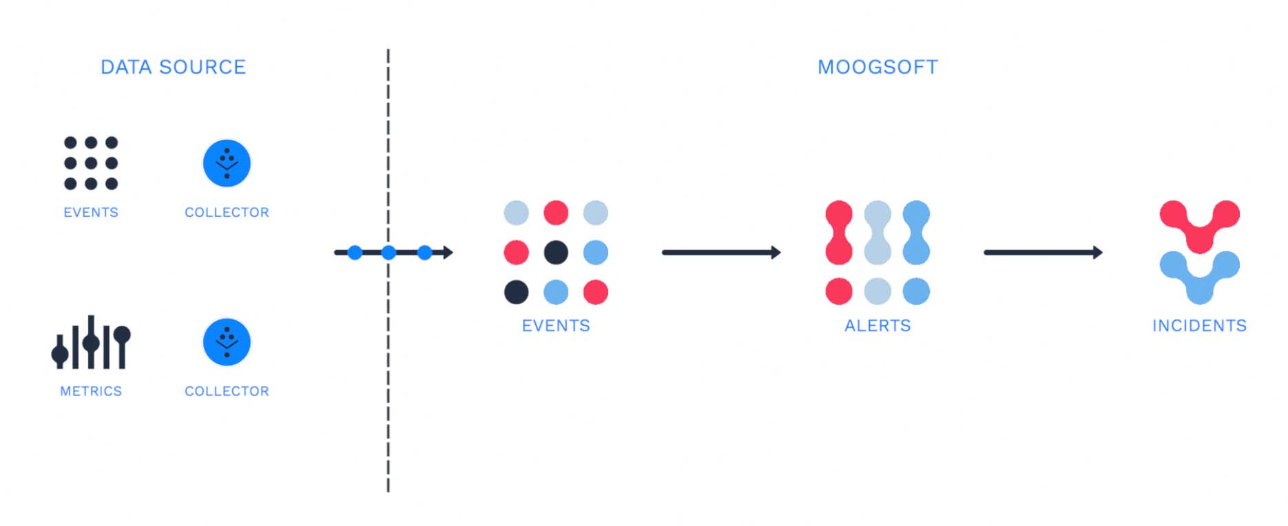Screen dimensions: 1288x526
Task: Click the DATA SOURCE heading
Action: pyautogui.click(x=174, y=67)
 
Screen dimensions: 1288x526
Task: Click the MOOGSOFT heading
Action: pyautogui.click(x=877, y=67)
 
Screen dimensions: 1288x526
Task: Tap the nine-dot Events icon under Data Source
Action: pyautogui.click(x=91, y=163)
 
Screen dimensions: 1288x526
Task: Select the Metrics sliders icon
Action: pyautogui.click(x=91, y=342)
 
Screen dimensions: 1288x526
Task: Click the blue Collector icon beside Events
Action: pyautogui.click(x=227, y=163)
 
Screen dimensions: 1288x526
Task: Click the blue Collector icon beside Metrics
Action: pyautogui.click(x=227, y=342)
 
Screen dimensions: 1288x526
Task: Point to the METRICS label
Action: pyautogui.click(x=91, y=391)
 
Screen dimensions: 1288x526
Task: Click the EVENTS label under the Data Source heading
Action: pyautogui.click(x=91, y=213)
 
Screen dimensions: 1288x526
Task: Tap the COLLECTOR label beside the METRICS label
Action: pyautogui.click(x=227, y=391)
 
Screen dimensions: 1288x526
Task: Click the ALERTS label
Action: pyautogui.click(x=877, y=326)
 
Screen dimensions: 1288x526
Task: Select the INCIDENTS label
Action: pyautogui.click(x=1199, y=326)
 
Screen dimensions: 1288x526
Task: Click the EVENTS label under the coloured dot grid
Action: pyautogui.click(x=556, y=326)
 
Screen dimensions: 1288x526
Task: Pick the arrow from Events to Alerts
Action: pyautogui.click(x=721, y=253)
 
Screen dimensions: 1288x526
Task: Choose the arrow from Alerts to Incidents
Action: pyautogui.click(x=1043, y=253)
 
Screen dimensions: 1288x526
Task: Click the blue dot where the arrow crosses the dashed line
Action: pyautogui.click(x=388, y=253)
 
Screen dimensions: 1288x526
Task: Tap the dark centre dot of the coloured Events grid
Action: pyautogui.click(x=556, y=253)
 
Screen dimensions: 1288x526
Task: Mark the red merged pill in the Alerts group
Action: pyautogui.click(x=839, y=233)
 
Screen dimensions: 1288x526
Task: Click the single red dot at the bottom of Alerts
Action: pyautogui.click(x=839, y=291)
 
